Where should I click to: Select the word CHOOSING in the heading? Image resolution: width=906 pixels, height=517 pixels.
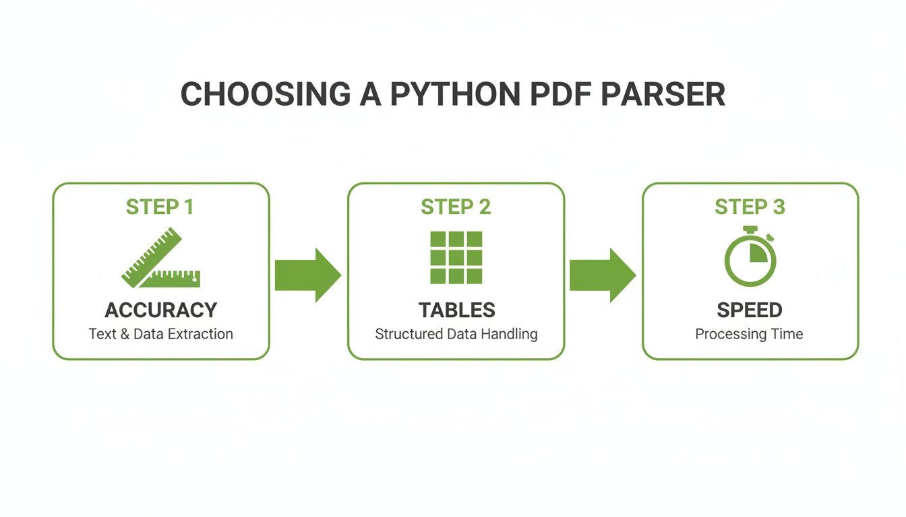tap(265, 95)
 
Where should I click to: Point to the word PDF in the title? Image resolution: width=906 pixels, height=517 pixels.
tap(560, 95)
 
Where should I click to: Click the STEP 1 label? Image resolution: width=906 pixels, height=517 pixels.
tap(160, 207)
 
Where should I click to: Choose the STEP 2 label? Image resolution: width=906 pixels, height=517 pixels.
tap(456, 207)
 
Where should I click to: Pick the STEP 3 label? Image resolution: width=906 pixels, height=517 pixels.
tap(750, 207)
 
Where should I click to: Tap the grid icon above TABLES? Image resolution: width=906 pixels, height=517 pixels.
tap(456, 257)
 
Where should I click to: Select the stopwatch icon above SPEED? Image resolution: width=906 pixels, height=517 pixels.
tap(750, 257)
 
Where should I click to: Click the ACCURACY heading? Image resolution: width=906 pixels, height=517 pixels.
tap(161, 310)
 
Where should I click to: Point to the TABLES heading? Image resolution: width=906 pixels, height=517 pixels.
tap(456, 310)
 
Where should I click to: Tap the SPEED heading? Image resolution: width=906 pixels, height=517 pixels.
tap(750, 310)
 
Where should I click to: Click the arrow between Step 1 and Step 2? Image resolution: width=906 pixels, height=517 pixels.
tap(307, 275)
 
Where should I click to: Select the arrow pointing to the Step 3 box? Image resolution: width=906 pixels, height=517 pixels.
tap(602, 275)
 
